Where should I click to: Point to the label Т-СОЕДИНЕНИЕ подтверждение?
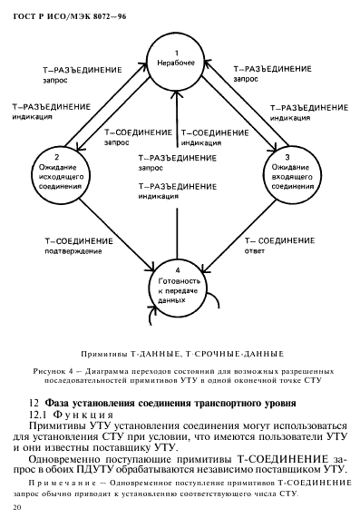(x=79, y=247)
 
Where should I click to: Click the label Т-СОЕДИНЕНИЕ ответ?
(x=277, y=247)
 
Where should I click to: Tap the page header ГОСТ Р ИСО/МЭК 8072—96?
(x=59, y=11)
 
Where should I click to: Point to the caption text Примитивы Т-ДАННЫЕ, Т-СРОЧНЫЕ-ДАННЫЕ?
(x=178, y=350)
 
